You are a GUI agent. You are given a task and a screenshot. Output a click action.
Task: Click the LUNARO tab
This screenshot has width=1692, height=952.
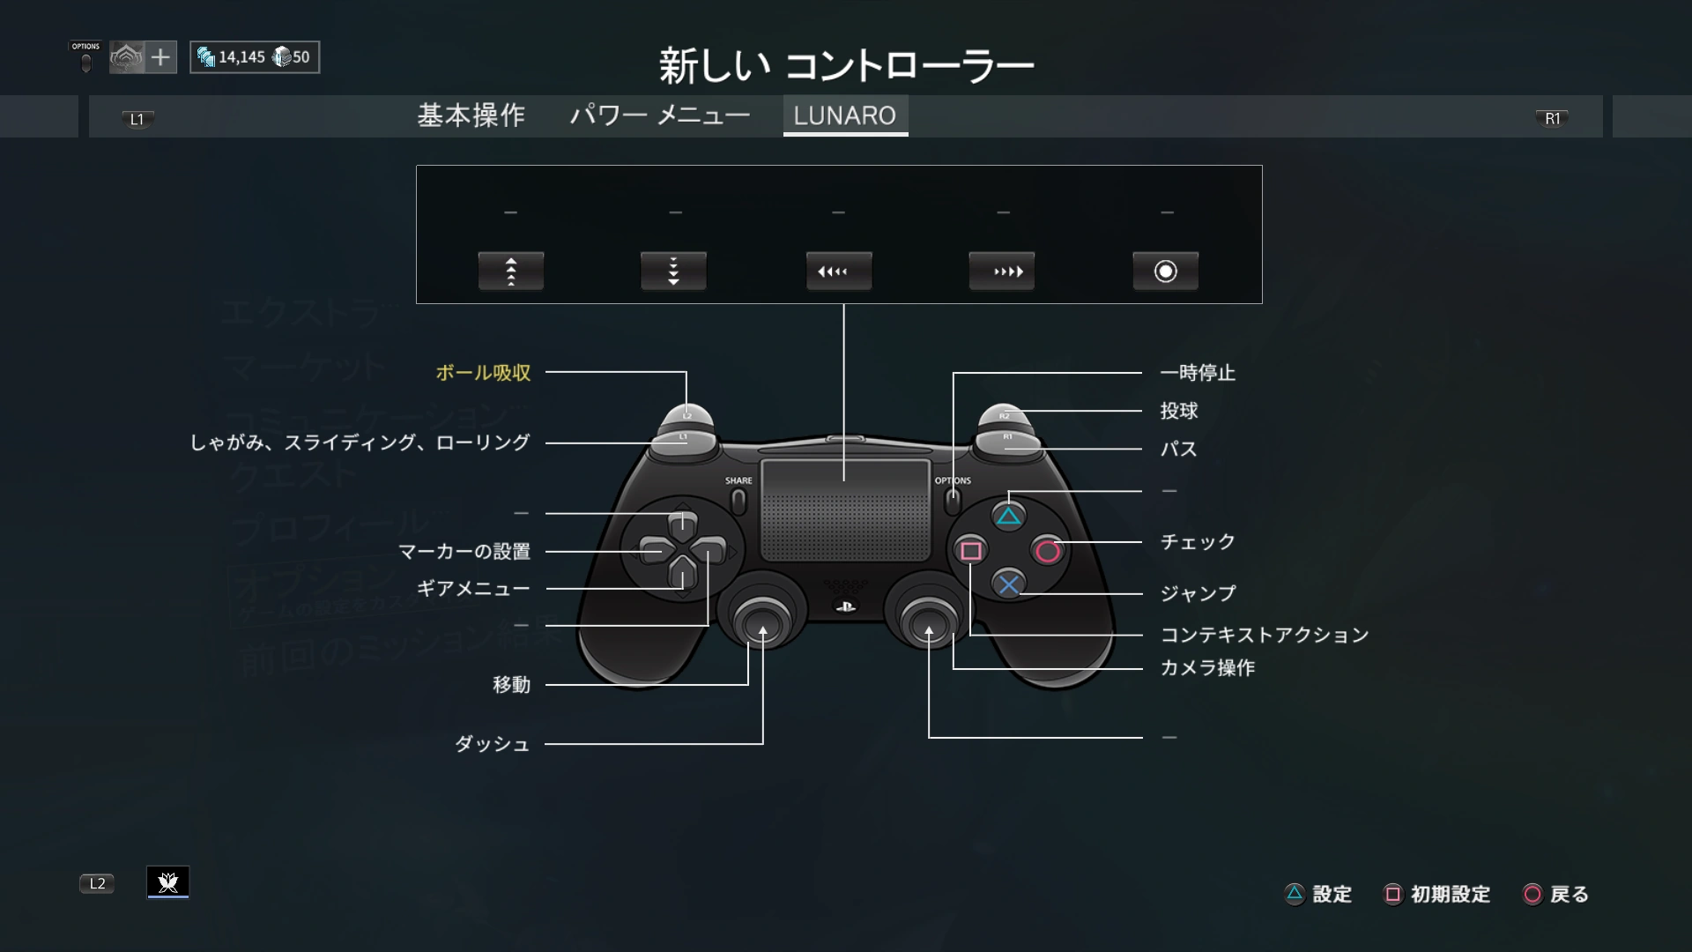pyautogui.click(x=844, y=115)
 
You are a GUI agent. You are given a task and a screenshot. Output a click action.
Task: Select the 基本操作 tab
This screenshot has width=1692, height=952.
pyautogui.click(x=471, y=115)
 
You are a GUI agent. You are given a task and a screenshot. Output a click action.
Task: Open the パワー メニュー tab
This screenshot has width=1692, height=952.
pyautogui.click(x=659, y=115)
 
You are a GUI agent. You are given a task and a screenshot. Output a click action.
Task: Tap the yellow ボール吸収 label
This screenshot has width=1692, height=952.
pyautogui.click(x=483, y=373)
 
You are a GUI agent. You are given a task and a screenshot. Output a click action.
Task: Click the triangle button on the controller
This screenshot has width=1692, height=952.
pyautogui.click(x=1008, y=517)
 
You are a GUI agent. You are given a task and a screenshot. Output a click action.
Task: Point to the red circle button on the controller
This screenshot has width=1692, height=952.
pyautogui.click(x=1048, y=551)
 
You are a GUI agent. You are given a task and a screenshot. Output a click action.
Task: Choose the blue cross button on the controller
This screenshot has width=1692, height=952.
pyautogui.click(x=1009, y=584)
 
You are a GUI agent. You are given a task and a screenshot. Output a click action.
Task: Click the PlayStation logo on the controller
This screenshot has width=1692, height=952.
pyautogui.click(x=844, y=606)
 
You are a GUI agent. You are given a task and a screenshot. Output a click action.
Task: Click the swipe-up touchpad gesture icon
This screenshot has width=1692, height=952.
pyautogui.click(x=510, y=271)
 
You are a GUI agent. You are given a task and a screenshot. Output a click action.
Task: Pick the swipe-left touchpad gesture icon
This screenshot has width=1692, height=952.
pyautogui.click(x=838, y=271)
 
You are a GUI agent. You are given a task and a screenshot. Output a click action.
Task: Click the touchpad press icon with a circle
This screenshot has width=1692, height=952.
pyautogui.click(x=1165, y=271)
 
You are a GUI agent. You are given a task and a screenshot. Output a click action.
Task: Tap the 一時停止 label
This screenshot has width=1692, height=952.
pyautogui.click(x=1197, y=373)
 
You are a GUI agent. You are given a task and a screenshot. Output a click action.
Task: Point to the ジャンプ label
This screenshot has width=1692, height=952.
pyautogui.click(x=1197, y=593)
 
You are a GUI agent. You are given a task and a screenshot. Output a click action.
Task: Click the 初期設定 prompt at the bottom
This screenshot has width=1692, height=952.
pyautogui.click(x=1438, y=895)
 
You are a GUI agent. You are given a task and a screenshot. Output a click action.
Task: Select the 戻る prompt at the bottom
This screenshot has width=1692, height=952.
pyautogui.click(x=1557, y=895)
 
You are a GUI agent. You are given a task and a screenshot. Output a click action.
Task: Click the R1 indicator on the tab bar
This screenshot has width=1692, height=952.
pyautogui.click(x=1552, y=119)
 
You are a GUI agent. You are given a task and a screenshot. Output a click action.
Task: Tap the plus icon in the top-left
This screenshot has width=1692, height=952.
pyautogui.click(x=160, y=57)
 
